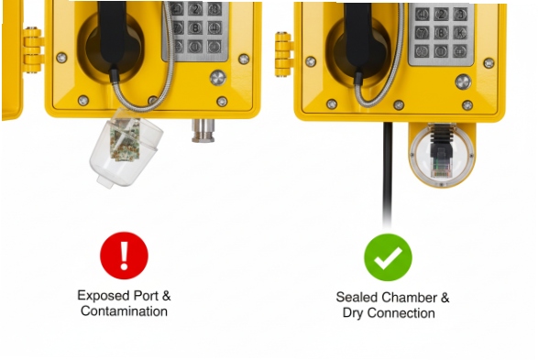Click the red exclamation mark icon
[124, 255]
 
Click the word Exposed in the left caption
[100, 296]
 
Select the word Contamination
[124, 311]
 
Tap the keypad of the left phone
[195, 27]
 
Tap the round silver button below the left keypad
[217, 77]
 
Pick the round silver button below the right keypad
[463, 81]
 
